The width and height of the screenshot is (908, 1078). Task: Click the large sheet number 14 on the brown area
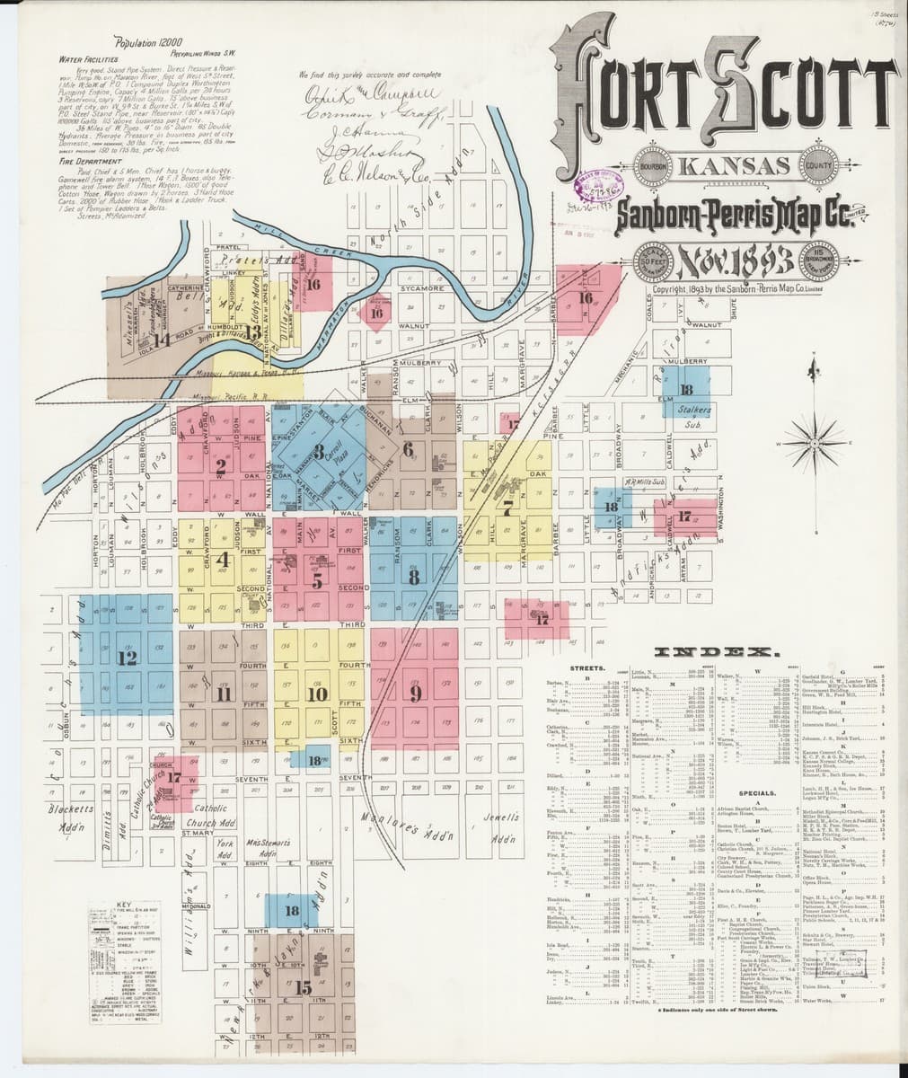pyautogui.click(x=162, y=340)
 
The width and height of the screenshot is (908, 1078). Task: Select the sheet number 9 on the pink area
pyautogui.click(x=416, y=693)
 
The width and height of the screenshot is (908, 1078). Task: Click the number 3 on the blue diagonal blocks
pyautogui.click(x=318, y=453)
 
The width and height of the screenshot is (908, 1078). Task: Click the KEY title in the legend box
pyautogui.click(x=128, y=903)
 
